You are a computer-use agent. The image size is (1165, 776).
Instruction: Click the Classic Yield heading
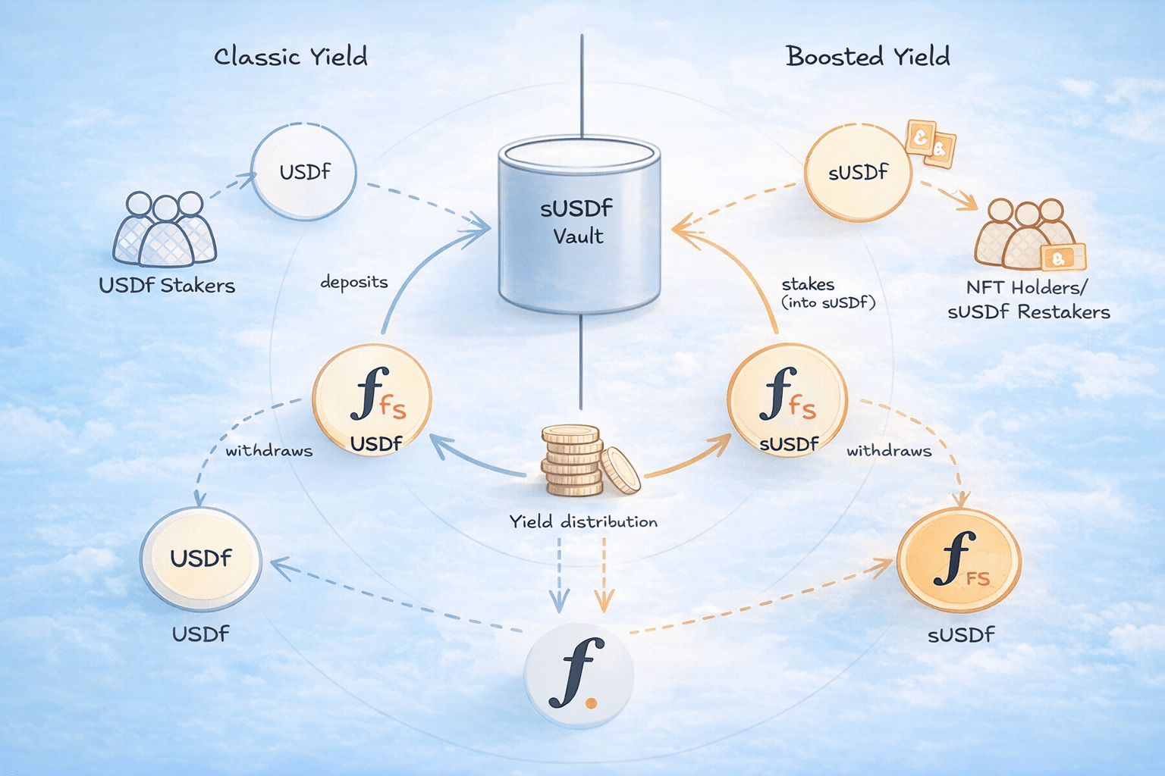(290, 57)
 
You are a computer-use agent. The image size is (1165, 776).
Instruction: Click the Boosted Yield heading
(868, 57)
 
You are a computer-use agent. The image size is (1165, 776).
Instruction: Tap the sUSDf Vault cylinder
(579, 224)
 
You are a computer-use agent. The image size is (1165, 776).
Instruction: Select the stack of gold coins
(580, 461)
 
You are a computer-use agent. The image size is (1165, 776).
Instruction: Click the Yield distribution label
(582, 521)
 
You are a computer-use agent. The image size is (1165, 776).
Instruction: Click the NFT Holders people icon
(1025, 235)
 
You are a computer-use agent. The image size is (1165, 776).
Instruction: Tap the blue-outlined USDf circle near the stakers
(303, 172)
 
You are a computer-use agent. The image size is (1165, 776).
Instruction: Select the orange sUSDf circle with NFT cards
(858, 173)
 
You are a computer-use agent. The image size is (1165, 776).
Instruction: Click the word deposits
(353, 282)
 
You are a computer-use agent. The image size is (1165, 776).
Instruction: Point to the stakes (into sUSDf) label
(828, 293)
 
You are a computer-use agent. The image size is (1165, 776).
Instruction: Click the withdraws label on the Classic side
(268, 451)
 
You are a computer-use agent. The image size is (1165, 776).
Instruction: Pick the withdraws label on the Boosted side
(889, 451)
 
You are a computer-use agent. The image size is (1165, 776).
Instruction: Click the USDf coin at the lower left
(201, 559)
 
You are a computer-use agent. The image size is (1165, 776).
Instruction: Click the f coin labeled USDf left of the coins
(372, 399)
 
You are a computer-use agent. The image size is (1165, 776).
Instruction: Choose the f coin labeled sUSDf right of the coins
(787, 399)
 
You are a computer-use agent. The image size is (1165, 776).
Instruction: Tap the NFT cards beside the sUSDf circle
(930, 142)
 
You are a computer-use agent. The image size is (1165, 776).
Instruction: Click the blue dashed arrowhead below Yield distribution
(559, 603)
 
